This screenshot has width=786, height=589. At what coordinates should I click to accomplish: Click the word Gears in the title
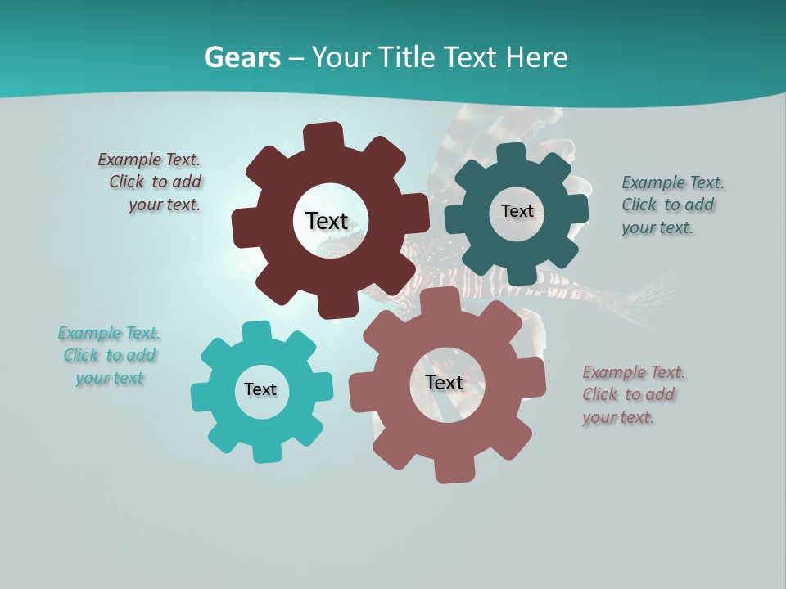tap(242, 57)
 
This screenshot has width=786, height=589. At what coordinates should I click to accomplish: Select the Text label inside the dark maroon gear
tap(327, 221)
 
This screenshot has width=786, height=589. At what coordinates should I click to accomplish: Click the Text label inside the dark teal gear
tap(517, 211)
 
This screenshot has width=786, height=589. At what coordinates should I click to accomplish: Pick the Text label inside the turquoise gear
tap(260, 389)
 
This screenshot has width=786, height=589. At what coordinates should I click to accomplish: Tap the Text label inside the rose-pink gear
tap(445, 382)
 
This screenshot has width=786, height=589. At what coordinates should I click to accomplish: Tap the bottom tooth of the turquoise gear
tap(265, 451)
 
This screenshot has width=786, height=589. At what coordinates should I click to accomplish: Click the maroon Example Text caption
tap(151, 182)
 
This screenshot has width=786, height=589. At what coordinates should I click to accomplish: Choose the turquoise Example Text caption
tap(110, 355)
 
